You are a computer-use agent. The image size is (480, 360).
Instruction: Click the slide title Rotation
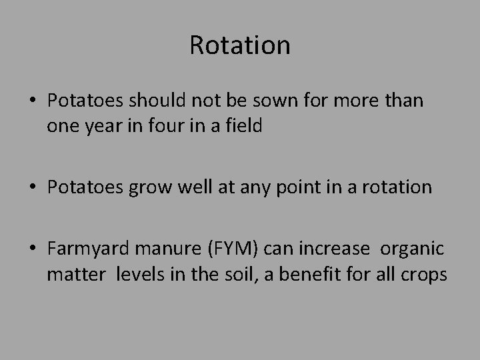tap(240, 45)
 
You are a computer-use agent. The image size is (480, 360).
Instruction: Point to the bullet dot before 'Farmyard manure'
tap(33, 250)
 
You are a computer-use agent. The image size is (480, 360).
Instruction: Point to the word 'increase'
tap(335, 250)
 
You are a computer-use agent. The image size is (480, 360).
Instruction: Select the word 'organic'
tap(412, 250)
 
